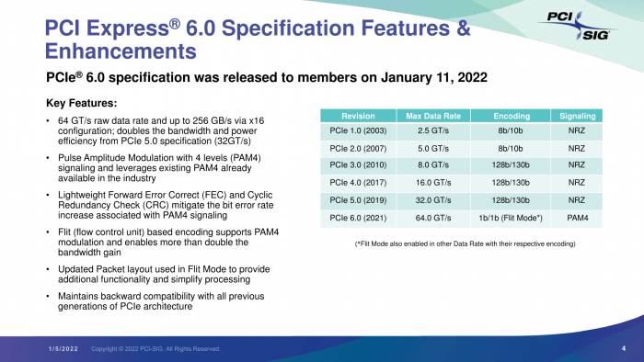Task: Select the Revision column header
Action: tap(357, 116)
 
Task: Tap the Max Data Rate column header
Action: tap(431, 116)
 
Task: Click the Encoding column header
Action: tap(512, 116)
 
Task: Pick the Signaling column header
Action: tap(578, 116)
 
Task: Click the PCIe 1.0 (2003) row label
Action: tap(357, 132)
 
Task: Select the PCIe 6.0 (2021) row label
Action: tap(357, 218)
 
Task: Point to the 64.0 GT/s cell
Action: tap(431, 218)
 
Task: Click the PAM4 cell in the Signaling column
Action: tap(578, 218)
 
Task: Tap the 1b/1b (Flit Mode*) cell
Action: tap(512, 218)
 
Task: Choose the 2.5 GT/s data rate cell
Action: tap(431, 132)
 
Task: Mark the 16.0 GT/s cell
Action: tap(431, 184)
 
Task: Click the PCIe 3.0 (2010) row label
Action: tap(357, 166)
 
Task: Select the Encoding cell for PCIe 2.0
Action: tap(512, 149)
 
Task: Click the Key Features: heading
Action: tap(81, 102)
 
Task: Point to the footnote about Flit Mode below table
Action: tap(465, 243)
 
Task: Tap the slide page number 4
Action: tap(624, 348)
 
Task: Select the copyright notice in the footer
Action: tap(155, 348)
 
